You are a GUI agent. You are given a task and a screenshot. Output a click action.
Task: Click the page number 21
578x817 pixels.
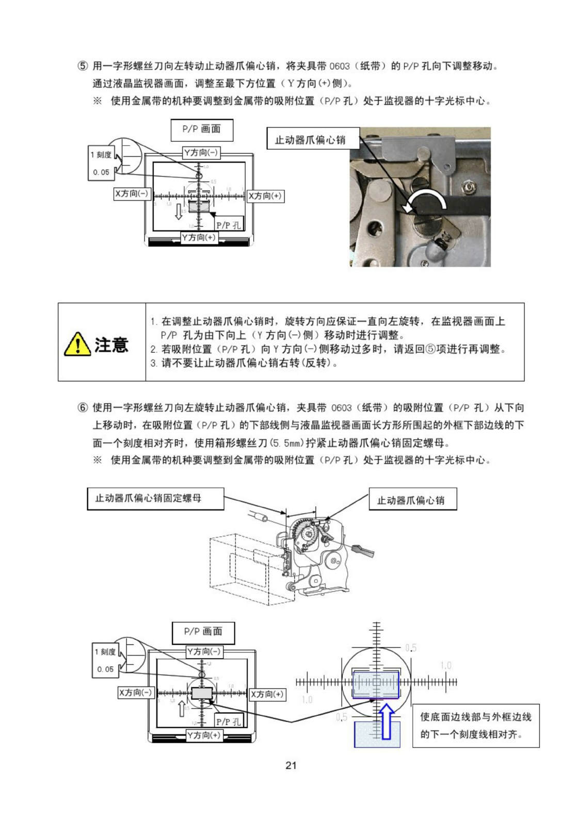291,765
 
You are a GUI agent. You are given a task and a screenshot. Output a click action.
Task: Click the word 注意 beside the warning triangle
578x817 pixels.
111,344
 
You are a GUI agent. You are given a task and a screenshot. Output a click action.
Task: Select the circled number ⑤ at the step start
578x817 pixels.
83,66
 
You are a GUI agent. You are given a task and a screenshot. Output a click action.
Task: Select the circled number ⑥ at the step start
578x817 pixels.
83,407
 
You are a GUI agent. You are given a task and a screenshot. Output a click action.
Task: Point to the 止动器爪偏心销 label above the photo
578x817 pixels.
310,140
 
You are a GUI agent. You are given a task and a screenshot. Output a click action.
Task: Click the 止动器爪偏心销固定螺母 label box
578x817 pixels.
155,498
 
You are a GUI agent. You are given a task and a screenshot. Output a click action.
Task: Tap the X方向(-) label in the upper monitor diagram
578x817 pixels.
132,194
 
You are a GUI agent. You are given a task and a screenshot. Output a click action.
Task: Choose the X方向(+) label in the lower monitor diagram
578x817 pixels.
267,694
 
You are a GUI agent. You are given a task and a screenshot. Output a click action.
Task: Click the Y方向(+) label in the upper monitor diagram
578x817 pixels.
199,237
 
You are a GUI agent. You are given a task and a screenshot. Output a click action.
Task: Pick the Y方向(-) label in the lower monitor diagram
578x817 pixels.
204,651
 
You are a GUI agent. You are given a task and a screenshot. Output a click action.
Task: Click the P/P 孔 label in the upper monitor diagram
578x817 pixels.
228,225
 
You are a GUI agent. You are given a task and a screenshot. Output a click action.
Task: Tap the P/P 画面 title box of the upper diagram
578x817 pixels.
202,129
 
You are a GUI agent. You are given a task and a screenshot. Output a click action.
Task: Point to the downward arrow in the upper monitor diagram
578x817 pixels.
179,211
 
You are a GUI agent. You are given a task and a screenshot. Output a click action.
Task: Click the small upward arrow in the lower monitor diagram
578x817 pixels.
182,709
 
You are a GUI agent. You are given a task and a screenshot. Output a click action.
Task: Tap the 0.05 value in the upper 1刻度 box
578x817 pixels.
101,172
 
